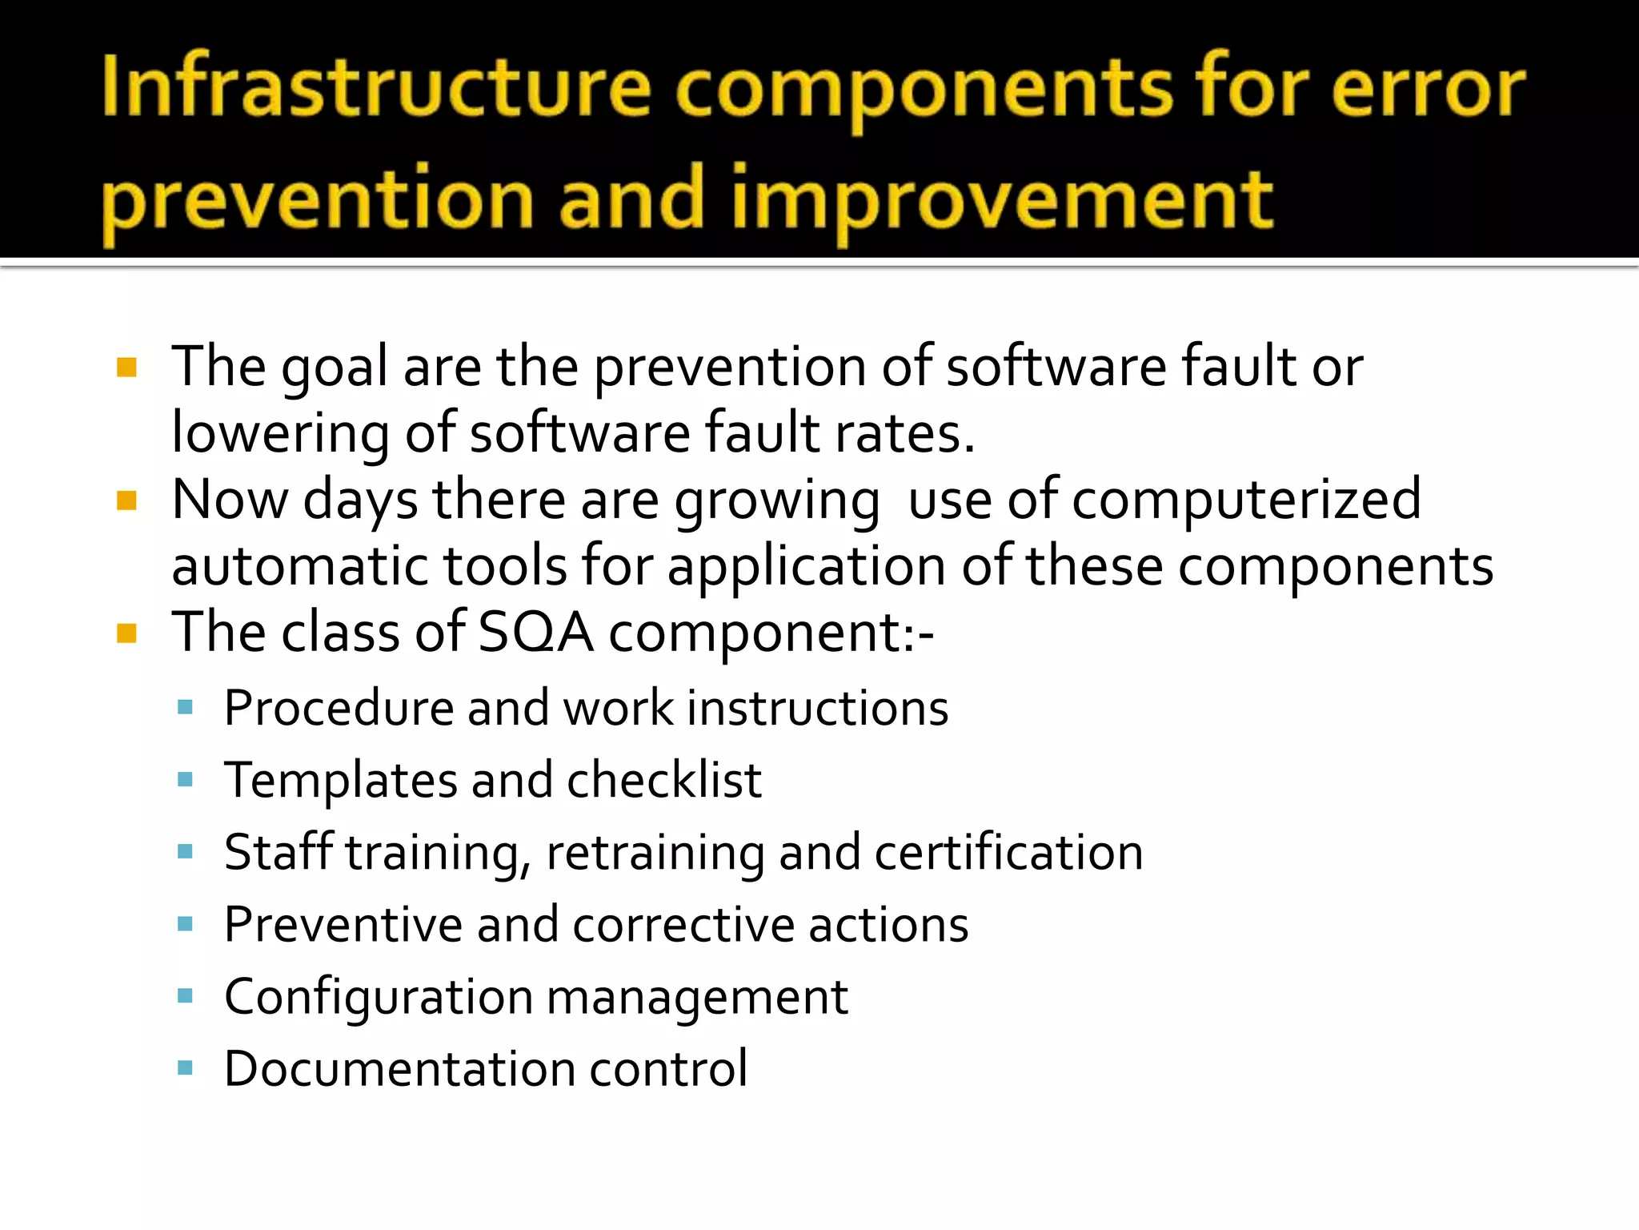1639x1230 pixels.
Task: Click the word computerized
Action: click(1245, 500)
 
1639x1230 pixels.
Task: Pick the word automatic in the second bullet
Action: click(300, 565)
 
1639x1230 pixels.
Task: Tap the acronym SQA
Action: click(535, 632)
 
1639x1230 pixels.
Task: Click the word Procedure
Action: click(339, 709)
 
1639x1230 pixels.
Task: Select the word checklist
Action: click(664, 780)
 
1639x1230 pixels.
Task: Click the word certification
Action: click(1008, 852)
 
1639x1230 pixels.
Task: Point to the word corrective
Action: click(683, 925)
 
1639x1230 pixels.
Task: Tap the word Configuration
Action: click(379, 998)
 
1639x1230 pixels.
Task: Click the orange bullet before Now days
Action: click(126, 501)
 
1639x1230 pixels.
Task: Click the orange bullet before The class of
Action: click(126, 634)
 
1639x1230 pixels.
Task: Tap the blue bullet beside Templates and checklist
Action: click(186, 779)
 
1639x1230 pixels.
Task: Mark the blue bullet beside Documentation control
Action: click(186, 1068)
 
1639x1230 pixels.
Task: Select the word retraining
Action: click(655, 852)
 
